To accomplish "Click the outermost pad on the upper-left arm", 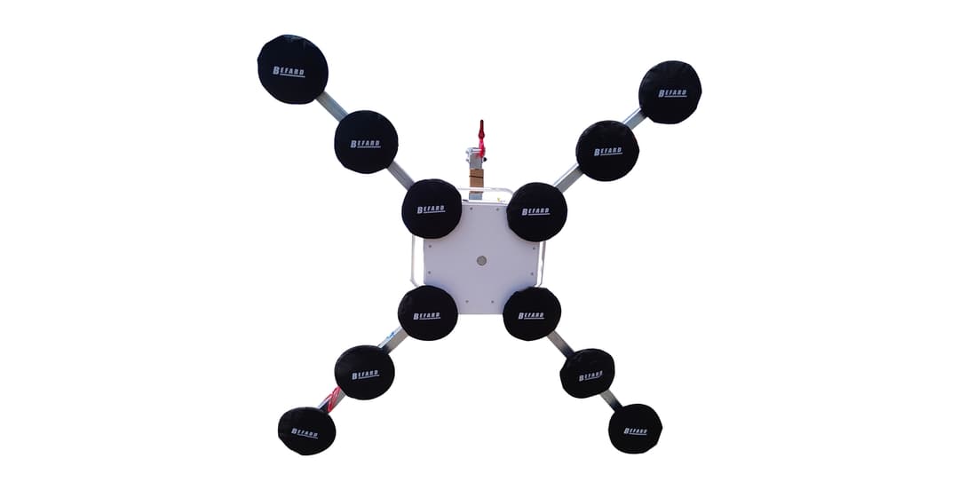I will pyautogui.click(x=293, y=69).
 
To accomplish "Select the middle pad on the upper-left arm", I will pyautogui.click(x=366, y=142).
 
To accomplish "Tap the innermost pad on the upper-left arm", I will pyautogui.click(x=432, y=209).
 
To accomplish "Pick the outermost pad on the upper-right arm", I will pyautogui.click(x=670, y=91).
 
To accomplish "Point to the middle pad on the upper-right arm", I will pyautogui.click(x=607, y=150).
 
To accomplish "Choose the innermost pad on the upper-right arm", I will pyautogui.click(x=537, y=211).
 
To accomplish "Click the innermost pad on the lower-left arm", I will pyautogui.click(x=427, y=313).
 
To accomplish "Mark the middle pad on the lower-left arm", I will pyautogui.click(x=365, y=373).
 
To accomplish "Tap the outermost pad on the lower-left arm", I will pyautogui.click(x=306, y=431).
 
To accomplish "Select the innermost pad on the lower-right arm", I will pyautogui.click(x=532, y=313).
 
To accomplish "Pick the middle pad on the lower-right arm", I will pyautogui.click(x=588, y=374).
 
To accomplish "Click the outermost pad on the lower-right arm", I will pyautogui.click(x=635, y=429).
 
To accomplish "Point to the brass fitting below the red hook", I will pyautogui.click(x=477, y=177).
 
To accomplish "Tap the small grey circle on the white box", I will pyautogui.click(x=481, y=261).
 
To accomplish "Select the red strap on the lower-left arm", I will pyautogui.click(x=334, y=399).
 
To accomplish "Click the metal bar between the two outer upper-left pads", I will pyautogui.click(x=330, y=107).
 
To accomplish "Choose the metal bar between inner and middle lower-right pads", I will pyautogui.click(x=559, y=344).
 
